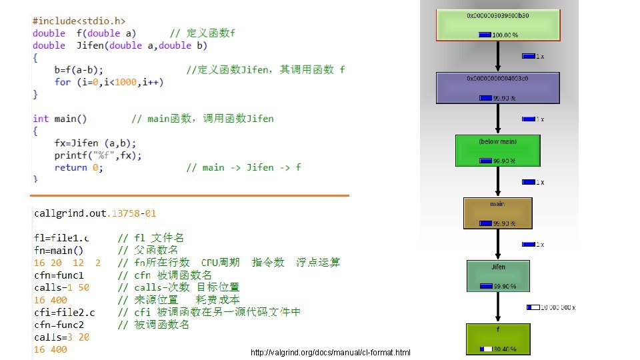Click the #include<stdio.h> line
coord(79,21)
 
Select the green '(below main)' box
coord(498,151)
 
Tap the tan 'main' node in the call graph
coord(497,213)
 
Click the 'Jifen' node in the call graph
coord(498,275)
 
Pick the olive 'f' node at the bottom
coord(498,338)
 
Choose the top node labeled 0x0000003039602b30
coord(498,24)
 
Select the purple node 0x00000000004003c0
coord(498,87)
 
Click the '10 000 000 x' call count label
coord(551,307)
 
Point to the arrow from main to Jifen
coord(498,244)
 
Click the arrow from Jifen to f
coord(498,307)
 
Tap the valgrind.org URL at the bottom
coord(330,353)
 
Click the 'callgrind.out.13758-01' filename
coord(95,213)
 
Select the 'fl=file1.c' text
coord(61,238)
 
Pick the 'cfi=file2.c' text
coord(64,313)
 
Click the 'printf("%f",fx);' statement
coord(98,155)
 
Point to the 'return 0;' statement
coord(78,167)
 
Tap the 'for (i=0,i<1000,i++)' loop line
coord(109,82)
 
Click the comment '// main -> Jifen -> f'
coord(243,167)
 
